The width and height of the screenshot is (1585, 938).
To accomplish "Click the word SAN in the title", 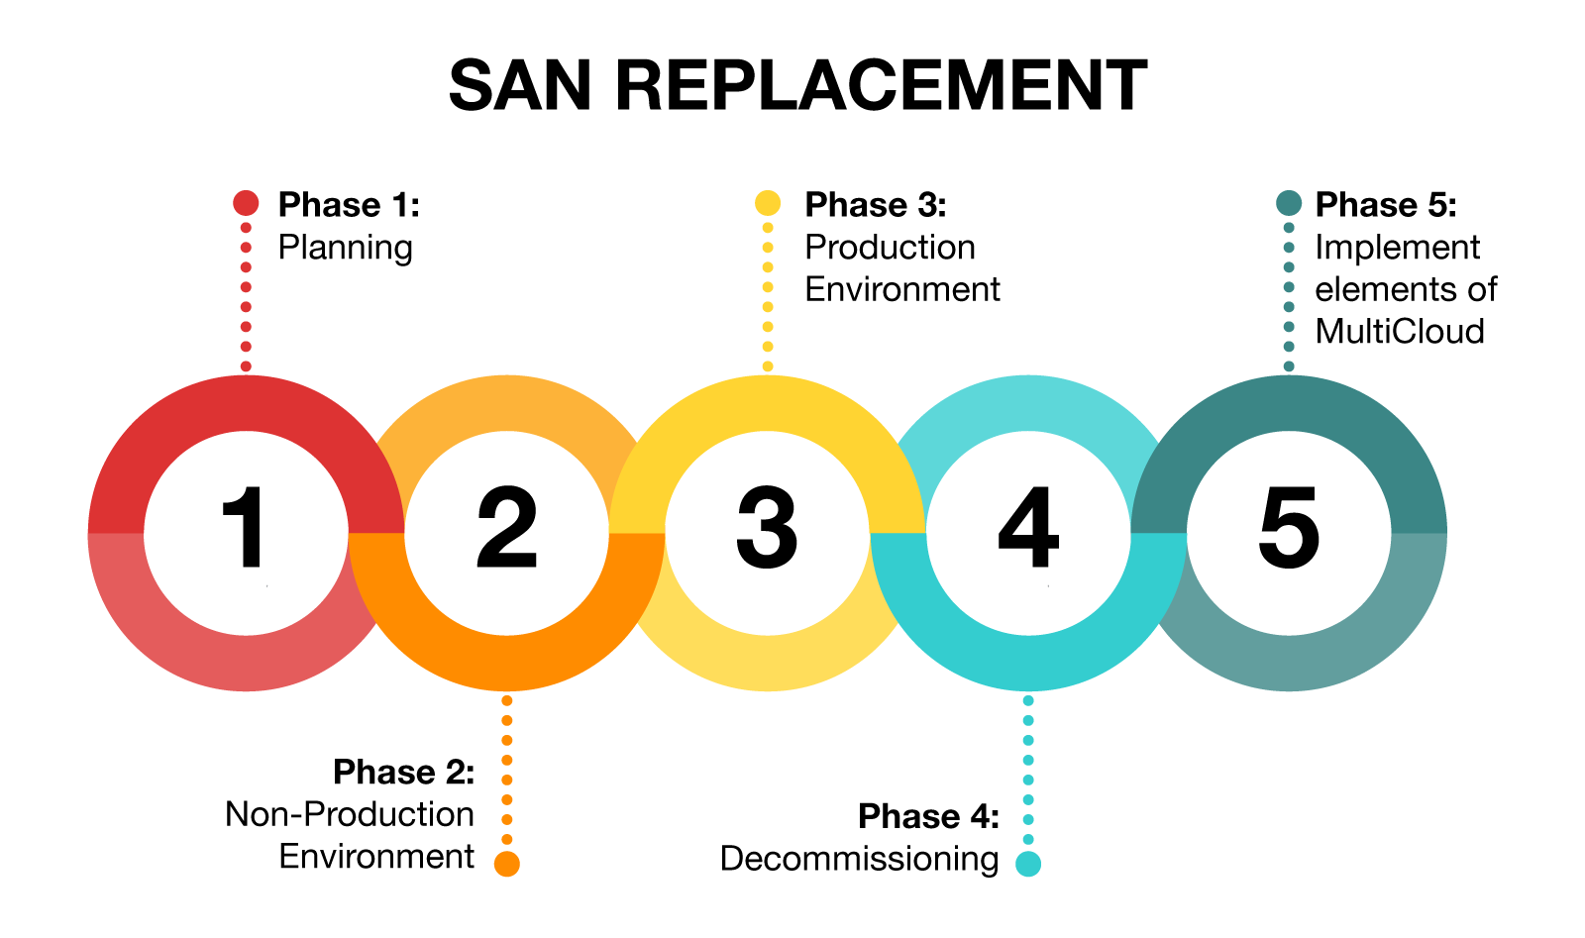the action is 520,85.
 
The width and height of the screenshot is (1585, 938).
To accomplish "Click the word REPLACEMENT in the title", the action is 882,85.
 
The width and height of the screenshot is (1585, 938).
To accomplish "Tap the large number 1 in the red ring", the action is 243,527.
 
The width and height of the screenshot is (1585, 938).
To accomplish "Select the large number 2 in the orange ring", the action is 506,527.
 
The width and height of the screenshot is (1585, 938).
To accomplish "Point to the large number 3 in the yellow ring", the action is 767,527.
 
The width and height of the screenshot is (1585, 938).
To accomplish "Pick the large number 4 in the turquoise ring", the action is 1028,527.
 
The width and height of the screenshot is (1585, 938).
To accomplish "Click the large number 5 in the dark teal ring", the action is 1289,528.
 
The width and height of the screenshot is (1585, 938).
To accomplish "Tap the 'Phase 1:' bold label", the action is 349,204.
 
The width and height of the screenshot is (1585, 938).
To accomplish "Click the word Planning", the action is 346,249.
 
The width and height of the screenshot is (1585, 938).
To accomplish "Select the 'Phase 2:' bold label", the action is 404,772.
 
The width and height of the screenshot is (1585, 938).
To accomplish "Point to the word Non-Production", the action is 350,814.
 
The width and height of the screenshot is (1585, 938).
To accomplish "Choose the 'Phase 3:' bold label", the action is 876,204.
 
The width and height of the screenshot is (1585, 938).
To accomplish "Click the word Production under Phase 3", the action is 891,247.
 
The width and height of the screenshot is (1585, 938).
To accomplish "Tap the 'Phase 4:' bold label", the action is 929,816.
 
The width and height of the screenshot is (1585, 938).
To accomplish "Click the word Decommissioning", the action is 860,860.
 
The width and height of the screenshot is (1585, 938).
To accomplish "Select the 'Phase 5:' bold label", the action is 1386,204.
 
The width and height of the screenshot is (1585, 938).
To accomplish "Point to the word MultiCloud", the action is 1400,331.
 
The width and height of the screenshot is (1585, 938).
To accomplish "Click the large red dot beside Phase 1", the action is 246,203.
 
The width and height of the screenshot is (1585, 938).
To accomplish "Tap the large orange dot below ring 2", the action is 506,864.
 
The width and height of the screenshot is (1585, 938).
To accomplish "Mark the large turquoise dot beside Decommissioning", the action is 1028,864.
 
